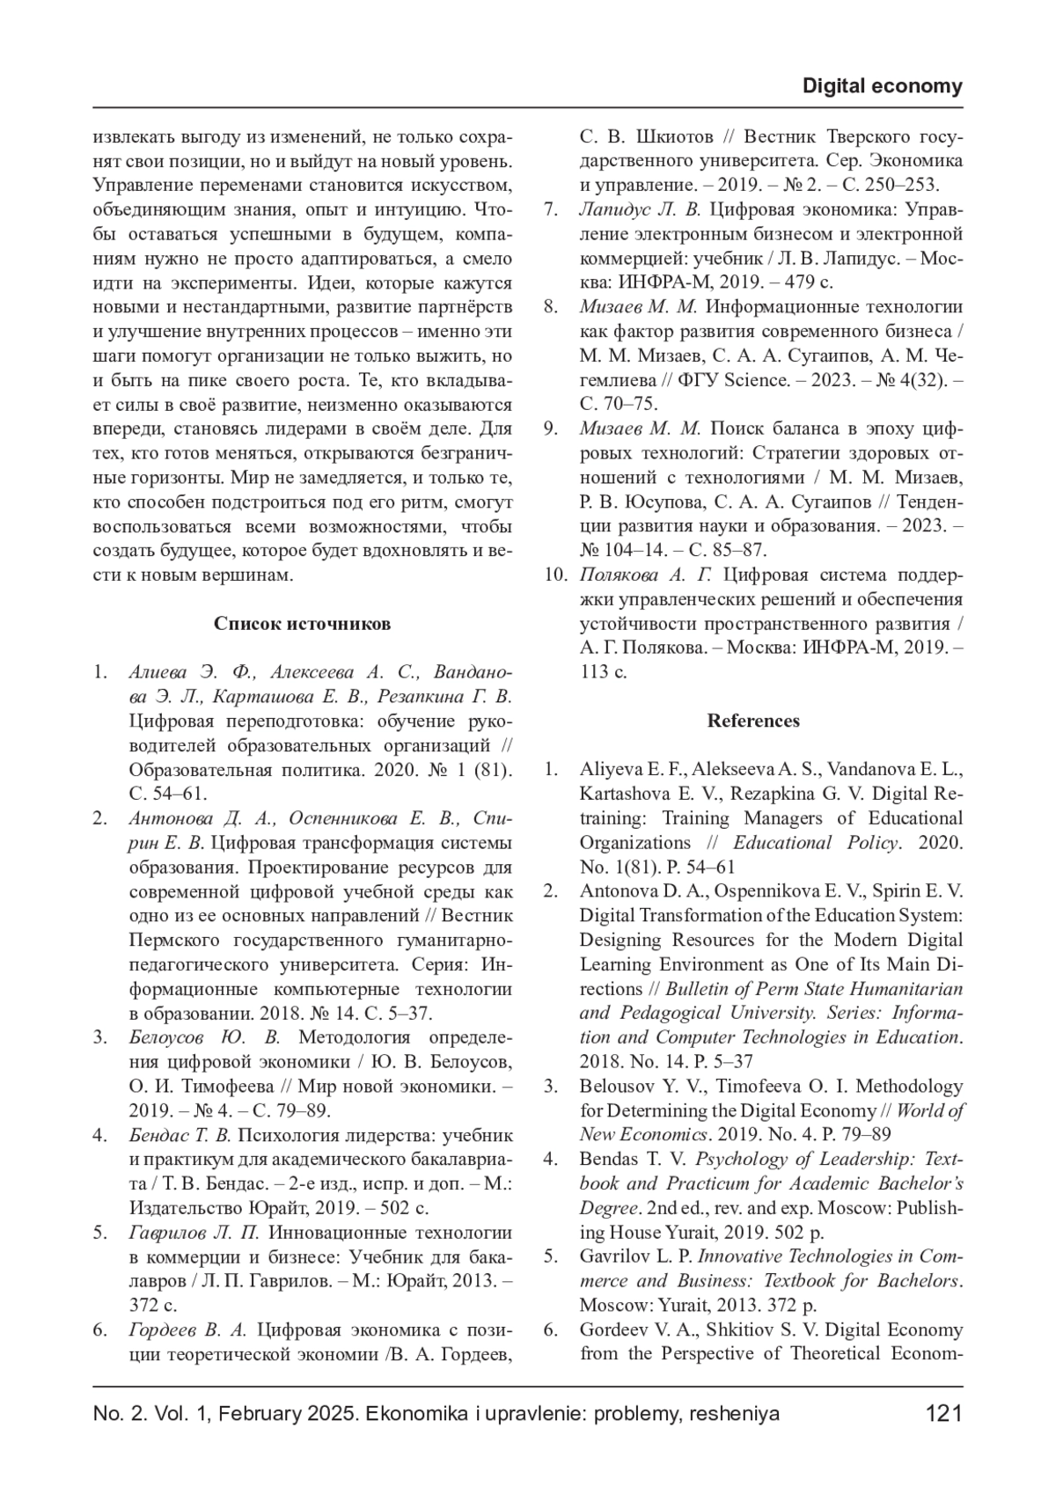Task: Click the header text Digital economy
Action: [x=883, y=86]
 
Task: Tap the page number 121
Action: [x=944, y=1414]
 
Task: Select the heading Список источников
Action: [x=302, y=624]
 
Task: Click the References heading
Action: [x=753, y=721]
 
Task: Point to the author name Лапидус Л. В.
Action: [x=640, y=210]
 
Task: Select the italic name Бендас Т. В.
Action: [x=180, y=1135]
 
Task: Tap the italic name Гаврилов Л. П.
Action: [x=194, y=1233]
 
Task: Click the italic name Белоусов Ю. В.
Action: [x=204, y=1038]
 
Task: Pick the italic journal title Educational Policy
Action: [x=816, y=843]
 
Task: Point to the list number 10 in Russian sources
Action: [x=554, y=575]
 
